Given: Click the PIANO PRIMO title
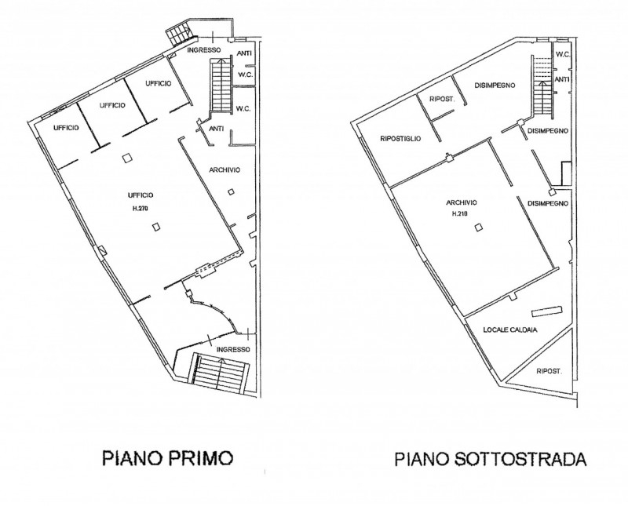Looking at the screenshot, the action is click(167, 458).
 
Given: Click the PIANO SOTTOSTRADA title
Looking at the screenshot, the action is click(491, 459).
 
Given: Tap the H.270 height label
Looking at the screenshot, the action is click(141, 208).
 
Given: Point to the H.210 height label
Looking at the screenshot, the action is click(460, 213).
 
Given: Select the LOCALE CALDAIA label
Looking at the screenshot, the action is click(509, 329).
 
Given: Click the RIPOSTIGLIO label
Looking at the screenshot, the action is click(400, 139).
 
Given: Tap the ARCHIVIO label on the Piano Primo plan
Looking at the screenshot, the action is click(225, 169).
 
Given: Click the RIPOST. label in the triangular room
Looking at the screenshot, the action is click(549, 372).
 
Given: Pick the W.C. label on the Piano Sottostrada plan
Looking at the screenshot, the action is click(563, 54).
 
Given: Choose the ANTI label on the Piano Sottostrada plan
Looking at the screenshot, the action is click(562, 80).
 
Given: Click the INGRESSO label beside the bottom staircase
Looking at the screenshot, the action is click(233, 349).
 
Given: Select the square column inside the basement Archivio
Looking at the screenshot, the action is click(478, 228).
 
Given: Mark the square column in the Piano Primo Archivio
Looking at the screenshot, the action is click(231, 192).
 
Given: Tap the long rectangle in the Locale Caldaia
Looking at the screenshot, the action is click(546, 311).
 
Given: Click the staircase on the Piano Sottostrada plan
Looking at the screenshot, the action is click(542, 86).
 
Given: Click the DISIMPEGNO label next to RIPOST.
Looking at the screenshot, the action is click(495, 86).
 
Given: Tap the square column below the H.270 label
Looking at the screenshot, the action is click(156, 227).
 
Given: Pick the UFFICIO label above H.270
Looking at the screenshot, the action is click(141, 195).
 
